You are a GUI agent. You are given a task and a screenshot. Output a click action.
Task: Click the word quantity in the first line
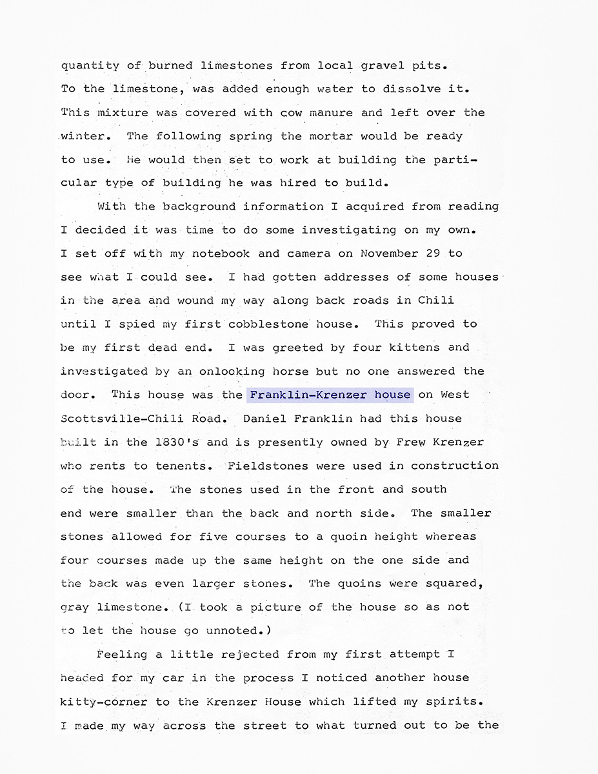[x=90, y=66]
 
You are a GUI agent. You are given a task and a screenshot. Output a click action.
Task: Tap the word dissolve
[x=406, y=89]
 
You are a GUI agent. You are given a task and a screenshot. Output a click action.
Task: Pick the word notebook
[x=221, y=253]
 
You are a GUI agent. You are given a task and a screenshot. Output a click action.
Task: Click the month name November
[x=390, y=253]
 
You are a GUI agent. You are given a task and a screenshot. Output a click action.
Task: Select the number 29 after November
[x=434, y=253]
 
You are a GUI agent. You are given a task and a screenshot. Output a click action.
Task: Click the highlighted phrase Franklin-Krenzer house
[x=330, y=395]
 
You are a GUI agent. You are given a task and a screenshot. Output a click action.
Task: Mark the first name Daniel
[x=264, y=418]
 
